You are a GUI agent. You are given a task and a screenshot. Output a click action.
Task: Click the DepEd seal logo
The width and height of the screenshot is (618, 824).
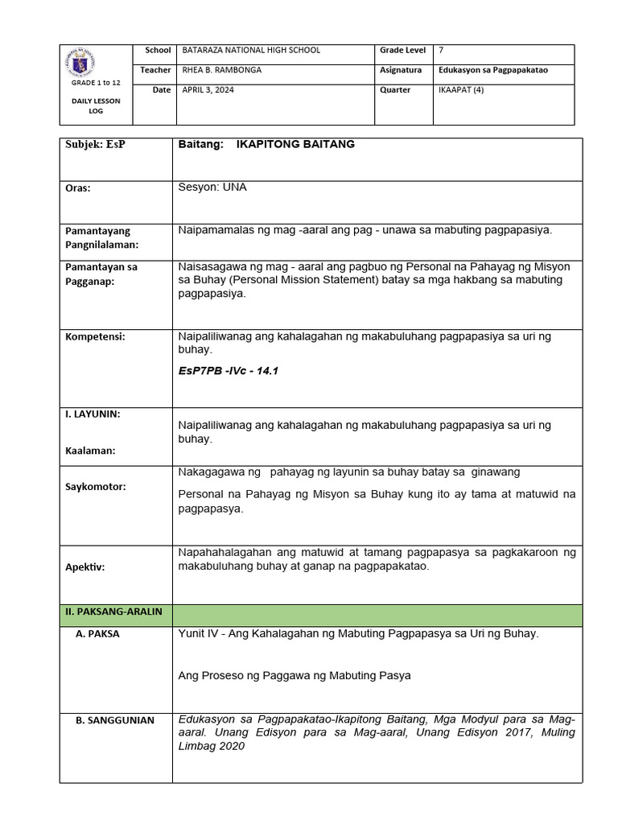[96, 62]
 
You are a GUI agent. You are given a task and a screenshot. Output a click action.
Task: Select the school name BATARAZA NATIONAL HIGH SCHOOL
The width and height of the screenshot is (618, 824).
[251, 50]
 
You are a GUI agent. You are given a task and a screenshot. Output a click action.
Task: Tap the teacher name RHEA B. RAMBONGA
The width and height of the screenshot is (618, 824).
[222, 70]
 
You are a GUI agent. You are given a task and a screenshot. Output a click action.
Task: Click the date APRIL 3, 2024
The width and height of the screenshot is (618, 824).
[208, 90]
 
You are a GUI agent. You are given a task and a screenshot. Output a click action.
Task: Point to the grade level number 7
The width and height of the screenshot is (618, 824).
[440, 50]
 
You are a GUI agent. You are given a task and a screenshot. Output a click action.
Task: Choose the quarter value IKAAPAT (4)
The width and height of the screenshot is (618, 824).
[461, 90]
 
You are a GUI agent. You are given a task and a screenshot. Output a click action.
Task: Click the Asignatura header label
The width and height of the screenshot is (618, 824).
[401, 70]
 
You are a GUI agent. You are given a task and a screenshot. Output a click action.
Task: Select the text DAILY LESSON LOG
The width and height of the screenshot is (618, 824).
[96, 105]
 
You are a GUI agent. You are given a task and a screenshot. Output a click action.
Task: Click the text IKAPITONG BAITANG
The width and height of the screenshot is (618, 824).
[295, 144]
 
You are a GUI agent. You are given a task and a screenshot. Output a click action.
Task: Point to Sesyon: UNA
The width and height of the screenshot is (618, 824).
[212, 187]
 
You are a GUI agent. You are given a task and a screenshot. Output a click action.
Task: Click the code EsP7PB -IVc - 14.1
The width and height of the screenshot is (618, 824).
[227, 372]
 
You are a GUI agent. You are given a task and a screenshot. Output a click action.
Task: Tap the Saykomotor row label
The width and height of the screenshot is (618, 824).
[96, 487]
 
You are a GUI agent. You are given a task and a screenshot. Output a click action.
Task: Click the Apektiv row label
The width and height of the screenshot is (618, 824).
[85, 566]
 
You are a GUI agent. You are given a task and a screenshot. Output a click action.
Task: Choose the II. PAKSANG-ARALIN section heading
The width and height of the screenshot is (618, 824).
[113, 612]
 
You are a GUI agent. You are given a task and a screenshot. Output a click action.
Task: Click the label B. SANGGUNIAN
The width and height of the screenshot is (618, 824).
[115, 720]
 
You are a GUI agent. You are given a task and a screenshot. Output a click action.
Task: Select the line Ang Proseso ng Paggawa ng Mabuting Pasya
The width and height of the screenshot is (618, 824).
[295, 675]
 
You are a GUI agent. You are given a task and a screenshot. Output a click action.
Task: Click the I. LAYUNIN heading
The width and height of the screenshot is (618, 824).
[93, 414]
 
